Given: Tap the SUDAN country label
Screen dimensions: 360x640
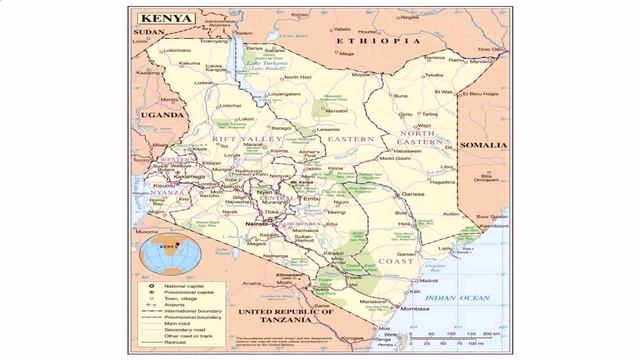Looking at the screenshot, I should point(147,32).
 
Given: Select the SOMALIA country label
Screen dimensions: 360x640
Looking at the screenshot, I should point(484,145).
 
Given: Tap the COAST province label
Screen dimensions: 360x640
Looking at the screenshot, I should point(395,261).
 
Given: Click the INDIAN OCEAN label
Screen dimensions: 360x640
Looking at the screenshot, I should point(454,297).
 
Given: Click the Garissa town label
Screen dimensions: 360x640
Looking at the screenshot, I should point(413,193).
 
